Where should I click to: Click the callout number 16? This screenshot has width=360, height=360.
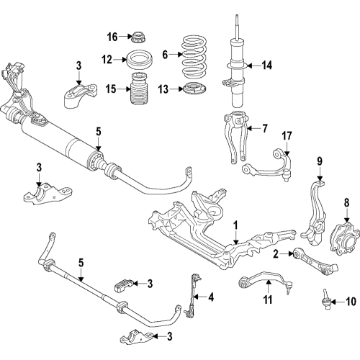coord(112,36)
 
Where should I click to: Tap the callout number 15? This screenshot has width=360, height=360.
coord(110,89)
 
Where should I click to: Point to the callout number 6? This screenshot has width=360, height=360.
coord(164,54)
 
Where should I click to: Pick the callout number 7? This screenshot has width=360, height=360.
coord(264,129)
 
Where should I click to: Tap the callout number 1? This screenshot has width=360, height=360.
coord(235,225)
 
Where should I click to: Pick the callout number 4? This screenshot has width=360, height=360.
coord(212,296)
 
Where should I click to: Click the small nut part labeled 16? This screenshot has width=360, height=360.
coord(134,36)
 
